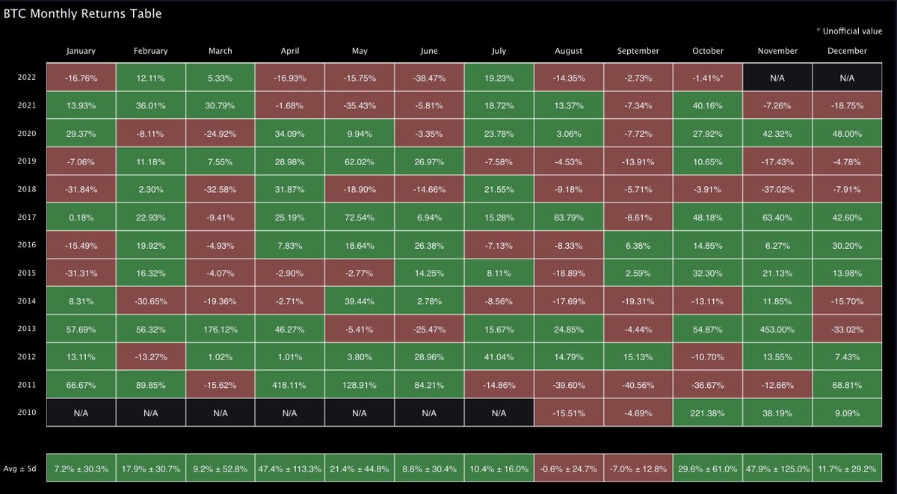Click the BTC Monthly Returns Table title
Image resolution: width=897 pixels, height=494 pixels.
83,13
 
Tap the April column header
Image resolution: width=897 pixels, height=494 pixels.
289,51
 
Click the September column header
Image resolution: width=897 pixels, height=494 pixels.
638,51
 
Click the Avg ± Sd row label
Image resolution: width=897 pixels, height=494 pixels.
23,469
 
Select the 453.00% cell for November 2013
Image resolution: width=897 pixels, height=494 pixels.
777,329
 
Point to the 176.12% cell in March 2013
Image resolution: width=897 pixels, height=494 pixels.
220,329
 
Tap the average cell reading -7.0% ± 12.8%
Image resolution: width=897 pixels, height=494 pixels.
638,469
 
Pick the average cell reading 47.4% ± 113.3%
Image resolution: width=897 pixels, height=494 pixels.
289,469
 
